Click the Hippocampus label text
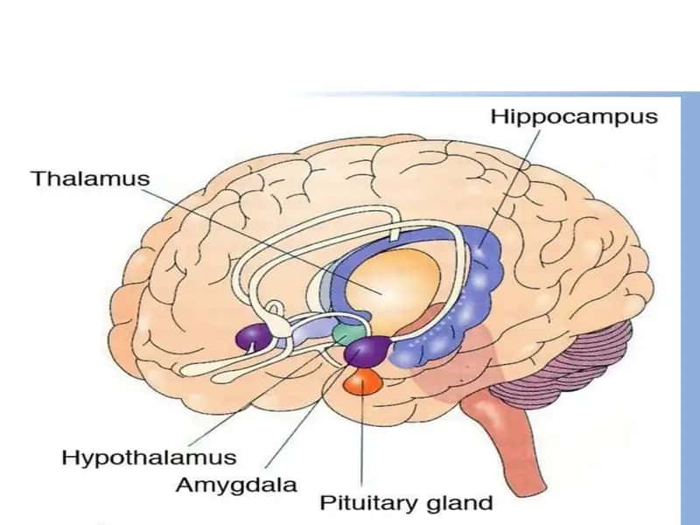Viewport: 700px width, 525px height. tap(574, 117)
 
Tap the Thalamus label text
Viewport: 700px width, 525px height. tap(90, 178)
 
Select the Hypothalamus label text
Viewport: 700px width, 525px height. tap(149, 458)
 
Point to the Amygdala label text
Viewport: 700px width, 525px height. tap(236, 486)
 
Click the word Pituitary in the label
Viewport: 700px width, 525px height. tap(370, 503)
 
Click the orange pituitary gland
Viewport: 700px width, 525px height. tap(362, 382)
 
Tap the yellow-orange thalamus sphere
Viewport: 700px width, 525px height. tap(395, 290)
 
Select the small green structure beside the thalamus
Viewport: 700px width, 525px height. tap(347, 333)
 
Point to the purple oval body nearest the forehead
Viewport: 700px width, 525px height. tap(254, 337)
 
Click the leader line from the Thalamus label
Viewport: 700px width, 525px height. tap(262, 241)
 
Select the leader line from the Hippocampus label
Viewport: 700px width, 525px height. tap(509, 188)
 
